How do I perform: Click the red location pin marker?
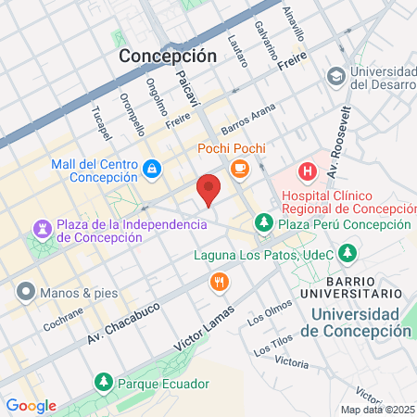coord(209,189)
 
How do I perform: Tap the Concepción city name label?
coord(168,56)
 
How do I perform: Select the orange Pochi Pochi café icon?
coord(240,168)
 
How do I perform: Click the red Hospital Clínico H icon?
coord(306,171)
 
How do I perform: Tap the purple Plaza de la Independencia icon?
coord(43,228)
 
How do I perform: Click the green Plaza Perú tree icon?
coord(264,223)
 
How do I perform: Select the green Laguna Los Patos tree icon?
coord(347,251)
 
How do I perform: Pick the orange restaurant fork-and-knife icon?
coord(220,282)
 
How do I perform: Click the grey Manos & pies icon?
coord(25,293)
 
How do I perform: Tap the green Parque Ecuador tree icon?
coord(103,382)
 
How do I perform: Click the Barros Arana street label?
coord(249,126)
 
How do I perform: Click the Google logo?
coord(31,405)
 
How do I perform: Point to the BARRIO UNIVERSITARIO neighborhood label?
coord(363,287)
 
